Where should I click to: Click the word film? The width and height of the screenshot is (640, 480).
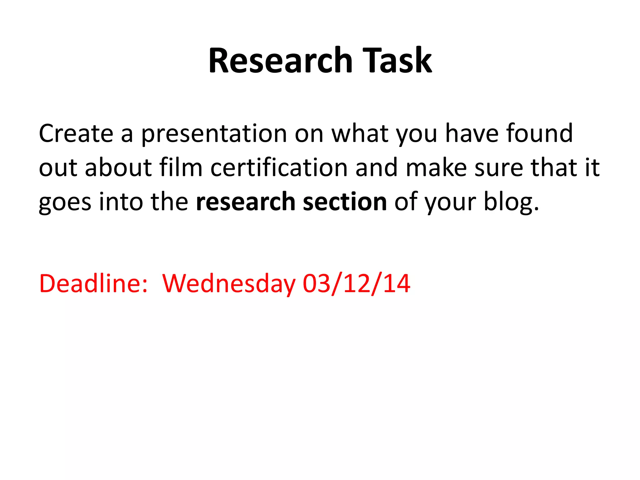[181, 167]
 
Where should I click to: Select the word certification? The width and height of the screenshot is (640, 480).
[279, 167]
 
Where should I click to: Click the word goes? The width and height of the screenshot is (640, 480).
[65, 202]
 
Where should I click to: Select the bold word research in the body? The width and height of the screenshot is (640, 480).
[245, 202]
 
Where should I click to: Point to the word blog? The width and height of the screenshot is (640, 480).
[511, 202]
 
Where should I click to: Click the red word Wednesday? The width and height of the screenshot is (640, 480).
[229, 284]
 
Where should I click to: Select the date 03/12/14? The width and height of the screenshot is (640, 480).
[356, 283]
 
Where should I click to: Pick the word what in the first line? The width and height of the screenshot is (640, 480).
[360, 133]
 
